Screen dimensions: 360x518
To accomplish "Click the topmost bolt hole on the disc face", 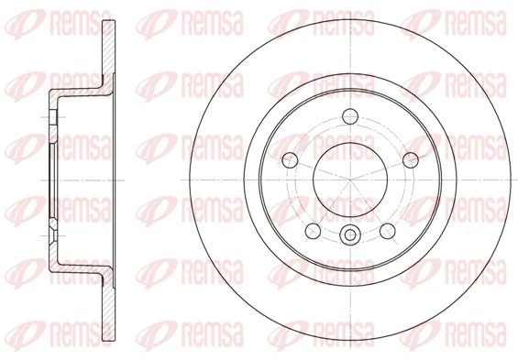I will click(348, 116).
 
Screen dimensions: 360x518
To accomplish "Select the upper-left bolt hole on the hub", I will click(289, 159).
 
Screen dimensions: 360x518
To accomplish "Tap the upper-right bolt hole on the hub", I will click(408, 159).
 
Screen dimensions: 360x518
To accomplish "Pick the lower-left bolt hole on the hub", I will click(312, 229).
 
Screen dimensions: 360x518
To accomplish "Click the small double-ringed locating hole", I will click(348, 236).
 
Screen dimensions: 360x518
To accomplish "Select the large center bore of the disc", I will click(348, 179).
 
